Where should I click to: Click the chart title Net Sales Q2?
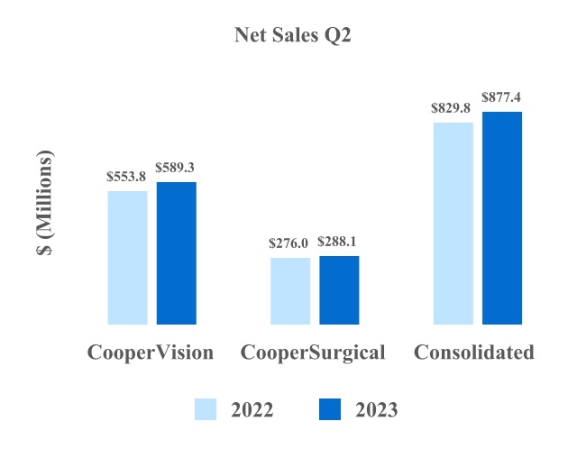click(x=292, y=35)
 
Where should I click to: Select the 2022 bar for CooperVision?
click(x=127, y=257)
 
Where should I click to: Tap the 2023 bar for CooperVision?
click(x=177, y=252)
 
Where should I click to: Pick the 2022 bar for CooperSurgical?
click(x=290, y=290)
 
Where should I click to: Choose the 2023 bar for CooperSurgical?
click(x=339, y=289)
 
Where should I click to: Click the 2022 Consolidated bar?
click(x=453, y=223)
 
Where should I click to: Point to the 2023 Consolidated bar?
click(x=502, y=217)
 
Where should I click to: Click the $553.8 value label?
click(x=126, y=177)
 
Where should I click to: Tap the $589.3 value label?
click(x=176, y=168)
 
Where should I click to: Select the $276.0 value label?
click(x=289, y=243)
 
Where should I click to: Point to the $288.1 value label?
click(x=339, y=242)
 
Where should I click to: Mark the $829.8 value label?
click(x=453, y=108)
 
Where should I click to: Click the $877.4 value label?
click(x=502, y=96)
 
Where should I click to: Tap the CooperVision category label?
click(x=151, y=353)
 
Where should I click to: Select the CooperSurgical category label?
click(x=313, y=353)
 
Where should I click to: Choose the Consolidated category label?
click(x=474, y=353)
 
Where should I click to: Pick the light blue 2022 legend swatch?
click(x=206, y=410)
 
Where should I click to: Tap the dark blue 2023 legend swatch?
click(x=330, y=410)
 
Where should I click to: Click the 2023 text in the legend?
click(x=376, y=410)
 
